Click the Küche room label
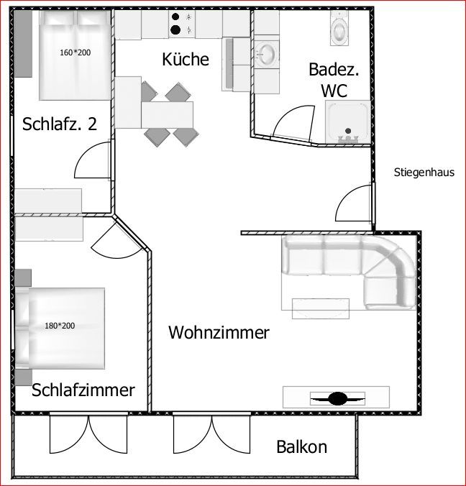[x=186, y=59]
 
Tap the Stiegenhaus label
[x=424, y=173]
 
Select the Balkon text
[x=301, y=446]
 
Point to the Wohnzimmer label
[x=219, y=332]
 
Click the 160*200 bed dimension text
[x=76, y=52]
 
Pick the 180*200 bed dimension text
[x=60, y=326]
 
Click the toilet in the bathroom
[x=339, y=28]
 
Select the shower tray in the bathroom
[x=348, y=122]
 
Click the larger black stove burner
[x=175, y=29]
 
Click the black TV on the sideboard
[x=337, y=398]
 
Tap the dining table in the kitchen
[x=167, y=114]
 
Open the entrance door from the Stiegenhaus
[x=354, y=203]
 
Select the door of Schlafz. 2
[x=92, y=160]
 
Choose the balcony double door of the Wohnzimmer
[x=211, y=434]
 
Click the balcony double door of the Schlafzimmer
[x=88, y=434]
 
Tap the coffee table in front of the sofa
[x=321, y=308]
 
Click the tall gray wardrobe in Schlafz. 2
[x=23, y=44]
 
